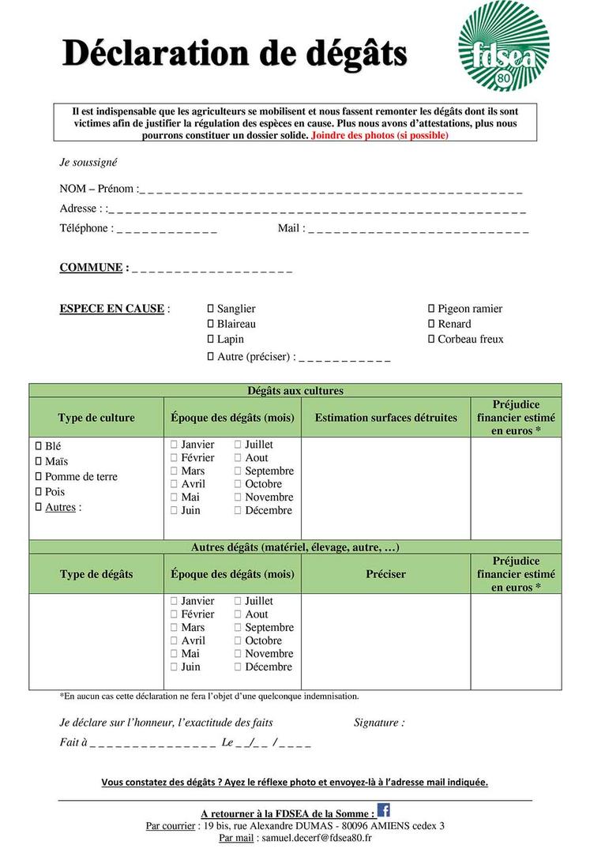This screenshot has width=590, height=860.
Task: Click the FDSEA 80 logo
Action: (x=503, y=46)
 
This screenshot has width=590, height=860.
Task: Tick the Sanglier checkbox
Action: (x=211, y=309)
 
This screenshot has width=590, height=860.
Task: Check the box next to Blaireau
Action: (x=211, y=324)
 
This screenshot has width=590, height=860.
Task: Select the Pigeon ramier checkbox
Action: (x=431, y=309)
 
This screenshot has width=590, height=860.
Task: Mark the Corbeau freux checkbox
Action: (x=431, y=339)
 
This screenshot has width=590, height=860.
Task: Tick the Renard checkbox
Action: (x=431, y=324)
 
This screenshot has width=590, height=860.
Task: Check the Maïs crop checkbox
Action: (x=38, y=461)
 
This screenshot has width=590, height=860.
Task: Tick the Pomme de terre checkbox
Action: (x=38, y=476)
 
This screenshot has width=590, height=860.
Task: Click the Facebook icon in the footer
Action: (x=384, y=809)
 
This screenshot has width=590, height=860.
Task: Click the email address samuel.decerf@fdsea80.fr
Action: (x=315, y=838)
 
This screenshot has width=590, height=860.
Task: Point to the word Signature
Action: (x=378, y=723)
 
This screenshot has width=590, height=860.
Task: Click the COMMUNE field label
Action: (x=91, y=268)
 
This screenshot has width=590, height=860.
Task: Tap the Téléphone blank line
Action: (x=167, y=229)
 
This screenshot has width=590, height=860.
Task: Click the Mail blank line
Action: (x=418, y=229)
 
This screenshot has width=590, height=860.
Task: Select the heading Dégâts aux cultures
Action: (x=295, y=391)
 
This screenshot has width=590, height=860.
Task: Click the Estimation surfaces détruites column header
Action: (x=385, y=418)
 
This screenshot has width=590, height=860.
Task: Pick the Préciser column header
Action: (x=385, y=574)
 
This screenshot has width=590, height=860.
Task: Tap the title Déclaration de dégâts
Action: (x=235, y=54)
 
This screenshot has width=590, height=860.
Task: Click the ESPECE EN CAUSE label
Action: (x=112, y=309)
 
